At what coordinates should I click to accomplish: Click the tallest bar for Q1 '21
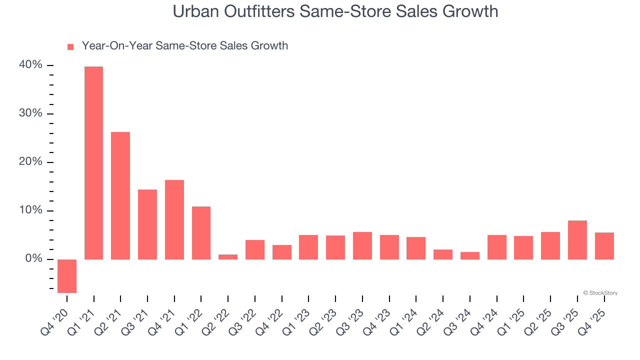coord(93,162)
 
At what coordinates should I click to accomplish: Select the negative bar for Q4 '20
coord(67,276)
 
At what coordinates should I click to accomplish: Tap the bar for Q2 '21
coord(120,195)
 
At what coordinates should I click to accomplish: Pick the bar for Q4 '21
coord(174,219)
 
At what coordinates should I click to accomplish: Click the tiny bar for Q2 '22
coord(228,256)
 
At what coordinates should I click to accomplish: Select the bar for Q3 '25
coord(577,240)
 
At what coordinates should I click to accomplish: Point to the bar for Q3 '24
coord(470,255)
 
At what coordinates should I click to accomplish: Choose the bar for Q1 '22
coord(201,232)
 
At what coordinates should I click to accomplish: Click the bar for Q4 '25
coord(604,246)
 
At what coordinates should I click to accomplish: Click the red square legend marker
coord(70,46)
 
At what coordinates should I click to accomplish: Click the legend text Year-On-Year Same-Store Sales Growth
coord(184,46)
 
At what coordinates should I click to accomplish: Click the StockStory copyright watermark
coord(600,293)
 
